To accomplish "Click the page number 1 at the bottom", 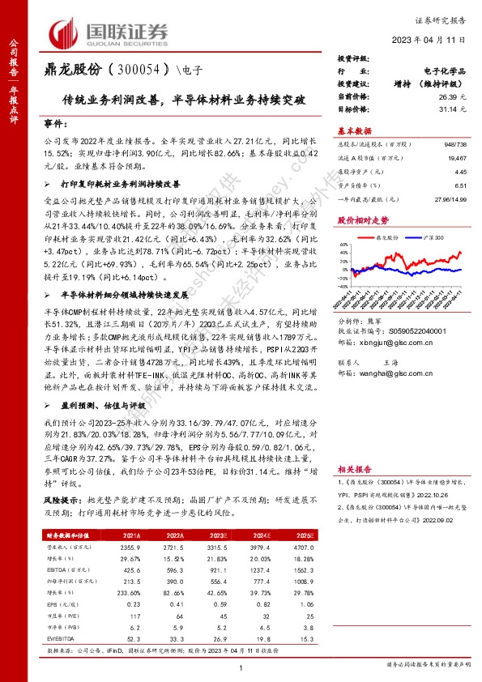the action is [242, 667].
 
